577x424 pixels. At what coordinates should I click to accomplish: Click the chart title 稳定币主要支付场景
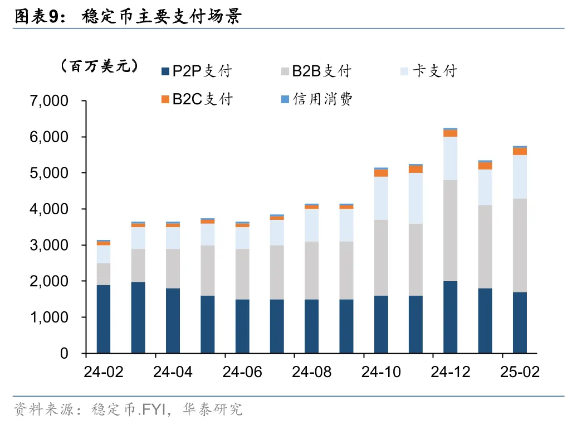point(162,17)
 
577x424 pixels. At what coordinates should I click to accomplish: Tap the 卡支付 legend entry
point(434,71)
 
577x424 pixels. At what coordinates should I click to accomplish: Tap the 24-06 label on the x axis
point(242,372)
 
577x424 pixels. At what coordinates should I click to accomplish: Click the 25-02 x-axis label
point(520,372)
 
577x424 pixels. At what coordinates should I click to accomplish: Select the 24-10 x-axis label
point(381,372)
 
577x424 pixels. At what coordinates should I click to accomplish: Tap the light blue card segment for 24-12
point(450,158)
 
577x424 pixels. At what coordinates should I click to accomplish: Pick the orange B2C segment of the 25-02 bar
point(520,151)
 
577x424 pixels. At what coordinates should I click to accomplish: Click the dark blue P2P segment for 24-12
point(450,317)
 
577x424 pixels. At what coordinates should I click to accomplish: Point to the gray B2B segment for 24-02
point(104,274)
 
